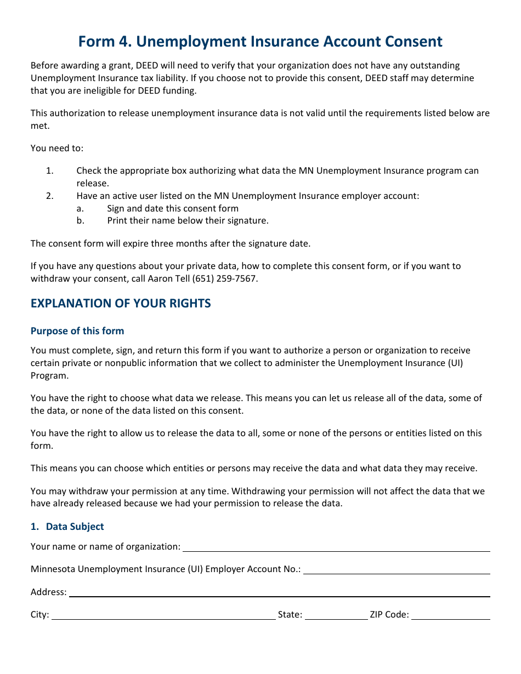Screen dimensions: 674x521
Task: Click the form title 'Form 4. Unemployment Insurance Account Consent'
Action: coord(260,42)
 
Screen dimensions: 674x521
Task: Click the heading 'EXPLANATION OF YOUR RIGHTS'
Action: coord(121,304)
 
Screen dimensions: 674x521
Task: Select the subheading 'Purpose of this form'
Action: coord(77,331)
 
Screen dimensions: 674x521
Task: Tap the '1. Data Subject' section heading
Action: coord(67,527)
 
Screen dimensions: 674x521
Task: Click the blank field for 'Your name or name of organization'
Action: coord(336,547)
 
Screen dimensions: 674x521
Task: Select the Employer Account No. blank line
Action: coord(396,569)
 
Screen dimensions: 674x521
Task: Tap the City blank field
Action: coord(163,615)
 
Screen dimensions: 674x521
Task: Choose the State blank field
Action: coord(336,615)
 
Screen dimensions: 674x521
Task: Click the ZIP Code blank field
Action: coord(450,615)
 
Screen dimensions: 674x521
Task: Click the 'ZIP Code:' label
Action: coord(389,615)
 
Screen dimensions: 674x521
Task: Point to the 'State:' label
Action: coord(290,615)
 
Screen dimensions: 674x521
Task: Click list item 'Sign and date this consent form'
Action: coord(173,208)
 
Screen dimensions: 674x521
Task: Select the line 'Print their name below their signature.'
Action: coord(188,221)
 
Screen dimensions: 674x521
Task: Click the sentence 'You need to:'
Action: coord(57,148)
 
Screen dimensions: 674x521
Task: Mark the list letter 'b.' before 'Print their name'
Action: coord(80,221)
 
